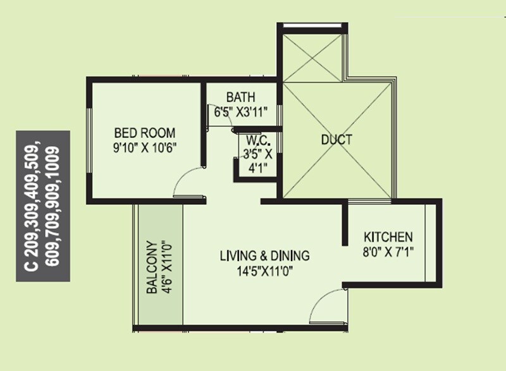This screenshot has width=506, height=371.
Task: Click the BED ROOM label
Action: point(145,133)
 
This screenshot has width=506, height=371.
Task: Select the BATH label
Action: point(241,97)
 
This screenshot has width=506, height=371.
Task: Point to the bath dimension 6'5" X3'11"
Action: point(241,111)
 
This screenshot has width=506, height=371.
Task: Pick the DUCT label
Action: point(336,140)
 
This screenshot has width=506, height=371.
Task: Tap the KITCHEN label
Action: point(388,237)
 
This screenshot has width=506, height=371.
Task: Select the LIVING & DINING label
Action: point(264,256)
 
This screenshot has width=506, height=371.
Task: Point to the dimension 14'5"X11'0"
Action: point(264,271)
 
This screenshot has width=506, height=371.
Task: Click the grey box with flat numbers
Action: point(43,206)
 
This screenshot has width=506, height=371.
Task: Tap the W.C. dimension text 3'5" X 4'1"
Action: point(259,161)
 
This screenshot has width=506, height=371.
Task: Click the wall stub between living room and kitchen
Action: point(345,224)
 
